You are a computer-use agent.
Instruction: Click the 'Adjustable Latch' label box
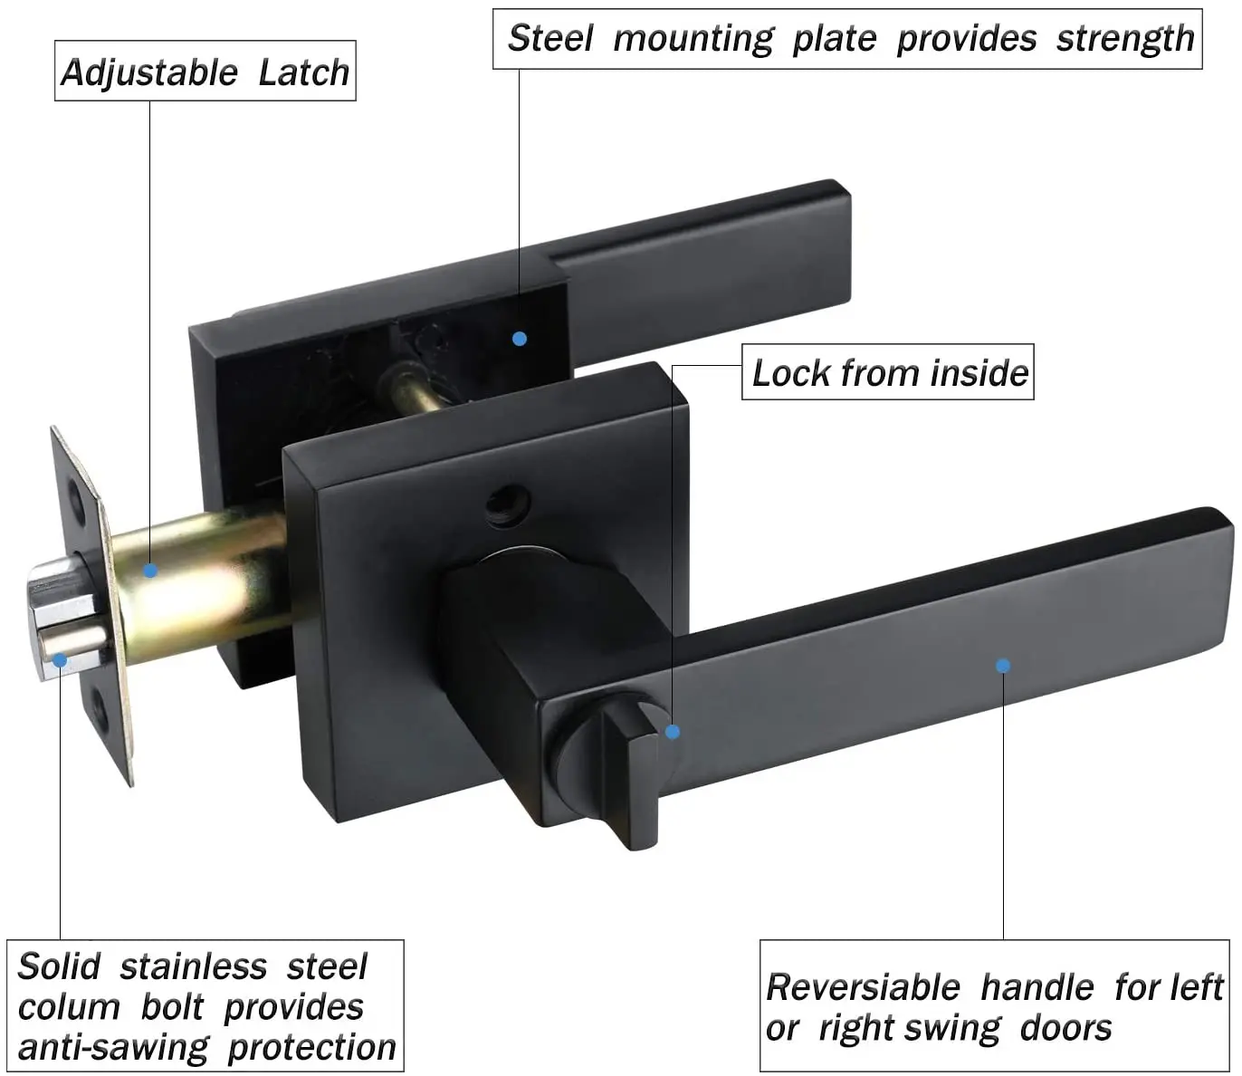205,72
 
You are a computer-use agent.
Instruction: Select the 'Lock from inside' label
889,372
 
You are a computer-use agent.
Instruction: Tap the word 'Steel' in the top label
549,38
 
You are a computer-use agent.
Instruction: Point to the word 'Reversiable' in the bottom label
863,987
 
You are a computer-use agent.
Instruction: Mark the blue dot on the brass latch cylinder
150,571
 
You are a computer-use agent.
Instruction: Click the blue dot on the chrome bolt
60,660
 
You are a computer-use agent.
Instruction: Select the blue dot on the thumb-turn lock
673,732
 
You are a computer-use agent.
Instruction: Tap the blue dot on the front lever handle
1003,666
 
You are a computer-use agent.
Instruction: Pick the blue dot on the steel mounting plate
520,339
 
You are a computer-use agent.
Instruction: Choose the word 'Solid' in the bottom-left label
59,966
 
